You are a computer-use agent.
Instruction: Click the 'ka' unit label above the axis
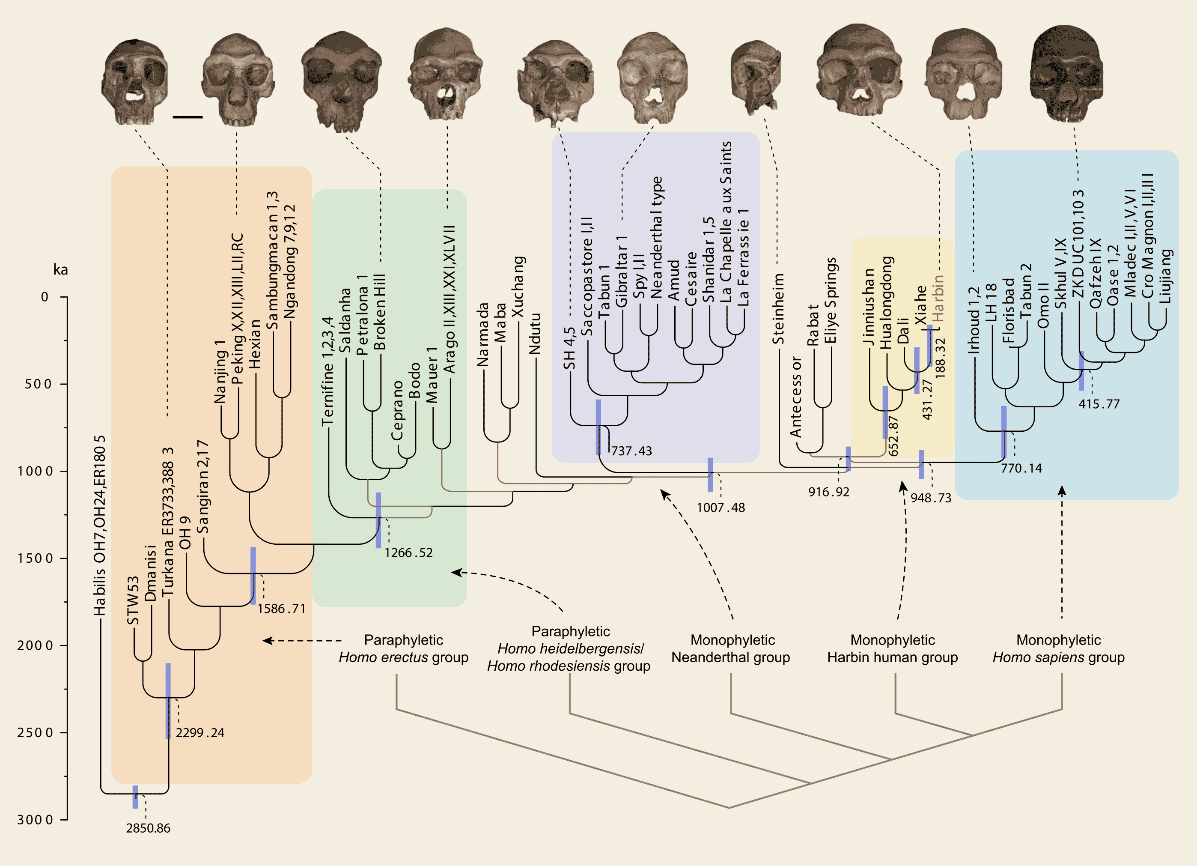(61, 270)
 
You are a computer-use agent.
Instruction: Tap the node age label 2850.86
(148, 828)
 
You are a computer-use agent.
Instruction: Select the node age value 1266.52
(408, 553)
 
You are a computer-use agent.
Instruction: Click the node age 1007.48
(721, 508)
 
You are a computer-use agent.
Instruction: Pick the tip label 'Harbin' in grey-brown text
(938, 299)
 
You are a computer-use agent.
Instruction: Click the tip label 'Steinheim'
(778, 309)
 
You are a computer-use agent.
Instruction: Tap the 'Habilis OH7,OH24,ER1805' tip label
(100, 526)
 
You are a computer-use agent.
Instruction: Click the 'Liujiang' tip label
(1165, 276)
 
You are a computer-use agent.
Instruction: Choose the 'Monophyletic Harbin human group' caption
(893, 648)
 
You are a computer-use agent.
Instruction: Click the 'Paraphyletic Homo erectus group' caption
(404, 648)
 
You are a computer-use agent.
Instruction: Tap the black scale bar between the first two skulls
(188, 116)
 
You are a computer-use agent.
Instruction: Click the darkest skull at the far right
(1066, 74)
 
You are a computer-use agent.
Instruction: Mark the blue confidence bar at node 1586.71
(253, 576)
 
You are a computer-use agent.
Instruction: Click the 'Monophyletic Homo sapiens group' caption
(1059, 648)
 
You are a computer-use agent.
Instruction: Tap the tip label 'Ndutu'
(535, 334)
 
